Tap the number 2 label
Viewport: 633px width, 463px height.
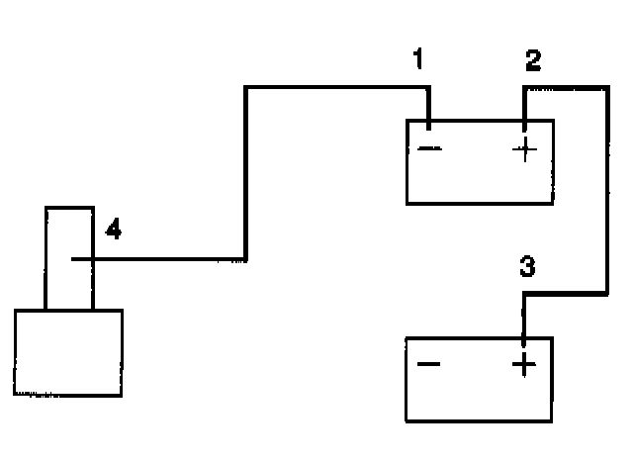click(533, 61)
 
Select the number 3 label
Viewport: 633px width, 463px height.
click(528, 267)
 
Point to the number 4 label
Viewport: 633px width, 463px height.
click(114, 231)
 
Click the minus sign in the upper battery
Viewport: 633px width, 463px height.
click(431, 150)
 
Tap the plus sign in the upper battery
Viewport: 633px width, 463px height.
click(524, 150)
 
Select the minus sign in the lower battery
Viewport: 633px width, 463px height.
click(428, 365)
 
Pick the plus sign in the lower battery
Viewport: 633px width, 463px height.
click(523, 366)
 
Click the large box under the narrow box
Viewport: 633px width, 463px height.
click(68, 352)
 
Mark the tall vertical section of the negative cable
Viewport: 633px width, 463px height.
click(245, 173)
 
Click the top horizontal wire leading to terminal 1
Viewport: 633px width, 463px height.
click(336, 88)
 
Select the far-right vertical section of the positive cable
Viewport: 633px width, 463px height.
click(604, 188)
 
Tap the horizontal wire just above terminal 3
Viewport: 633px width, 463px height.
click(564, 293)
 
